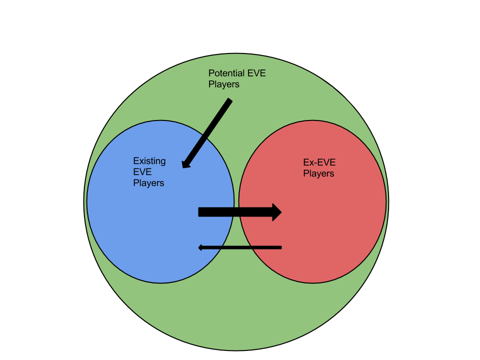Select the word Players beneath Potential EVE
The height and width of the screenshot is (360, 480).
(223, 84)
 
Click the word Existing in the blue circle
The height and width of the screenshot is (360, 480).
(149, 161)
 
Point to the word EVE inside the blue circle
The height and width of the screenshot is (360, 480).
(142, 172)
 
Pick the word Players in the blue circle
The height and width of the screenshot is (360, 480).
(148, 183)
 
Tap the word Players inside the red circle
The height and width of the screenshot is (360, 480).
(318, 173)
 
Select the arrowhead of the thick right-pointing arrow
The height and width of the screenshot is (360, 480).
(276, 212)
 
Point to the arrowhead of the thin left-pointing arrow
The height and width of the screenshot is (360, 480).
(200, 247)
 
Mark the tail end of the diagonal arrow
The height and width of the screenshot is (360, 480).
(229, 101)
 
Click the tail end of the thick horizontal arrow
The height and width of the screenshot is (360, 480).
(200, 212)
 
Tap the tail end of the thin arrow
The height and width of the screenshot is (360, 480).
(280, 247)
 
